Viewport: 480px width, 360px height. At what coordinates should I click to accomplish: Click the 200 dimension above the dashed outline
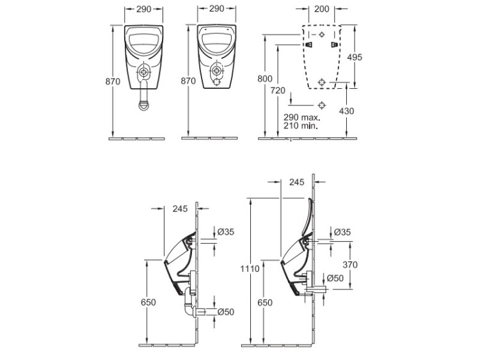(321, 9)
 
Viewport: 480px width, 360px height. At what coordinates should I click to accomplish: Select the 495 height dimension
(355, 57)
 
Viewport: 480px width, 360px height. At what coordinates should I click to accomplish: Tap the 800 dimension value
(265, 79)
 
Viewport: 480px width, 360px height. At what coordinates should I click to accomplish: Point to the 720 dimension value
(278, 91)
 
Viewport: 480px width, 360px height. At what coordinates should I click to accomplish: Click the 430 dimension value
(346, 111)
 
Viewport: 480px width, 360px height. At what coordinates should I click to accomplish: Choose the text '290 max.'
(302, 118)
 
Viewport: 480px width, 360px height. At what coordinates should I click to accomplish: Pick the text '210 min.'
(301, 125)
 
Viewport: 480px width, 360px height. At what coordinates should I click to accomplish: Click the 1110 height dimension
(250, 269)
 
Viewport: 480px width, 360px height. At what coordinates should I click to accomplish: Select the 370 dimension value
(350, 265)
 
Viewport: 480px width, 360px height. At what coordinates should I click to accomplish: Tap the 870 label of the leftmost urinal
(113, 82)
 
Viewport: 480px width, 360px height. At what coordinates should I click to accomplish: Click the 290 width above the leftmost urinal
(143, 9)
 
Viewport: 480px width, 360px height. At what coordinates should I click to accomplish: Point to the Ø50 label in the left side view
(226, 312)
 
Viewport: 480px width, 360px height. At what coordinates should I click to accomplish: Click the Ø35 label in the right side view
(342, 232)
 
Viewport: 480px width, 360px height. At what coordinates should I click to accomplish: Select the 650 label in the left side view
(148, 302)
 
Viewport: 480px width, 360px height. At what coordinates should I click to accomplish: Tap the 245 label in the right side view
(296, 182)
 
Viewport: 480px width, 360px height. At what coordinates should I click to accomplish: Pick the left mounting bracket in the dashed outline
(309, 45)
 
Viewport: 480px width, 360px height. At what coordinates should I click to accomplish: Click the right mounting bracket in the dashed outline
(335, 45)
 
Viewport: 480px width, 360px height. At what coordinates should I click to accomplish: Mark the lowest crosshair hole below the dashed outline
(321, 106)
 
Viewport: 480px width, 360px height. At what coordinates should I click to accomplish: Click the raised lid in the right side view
(307, 217)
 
